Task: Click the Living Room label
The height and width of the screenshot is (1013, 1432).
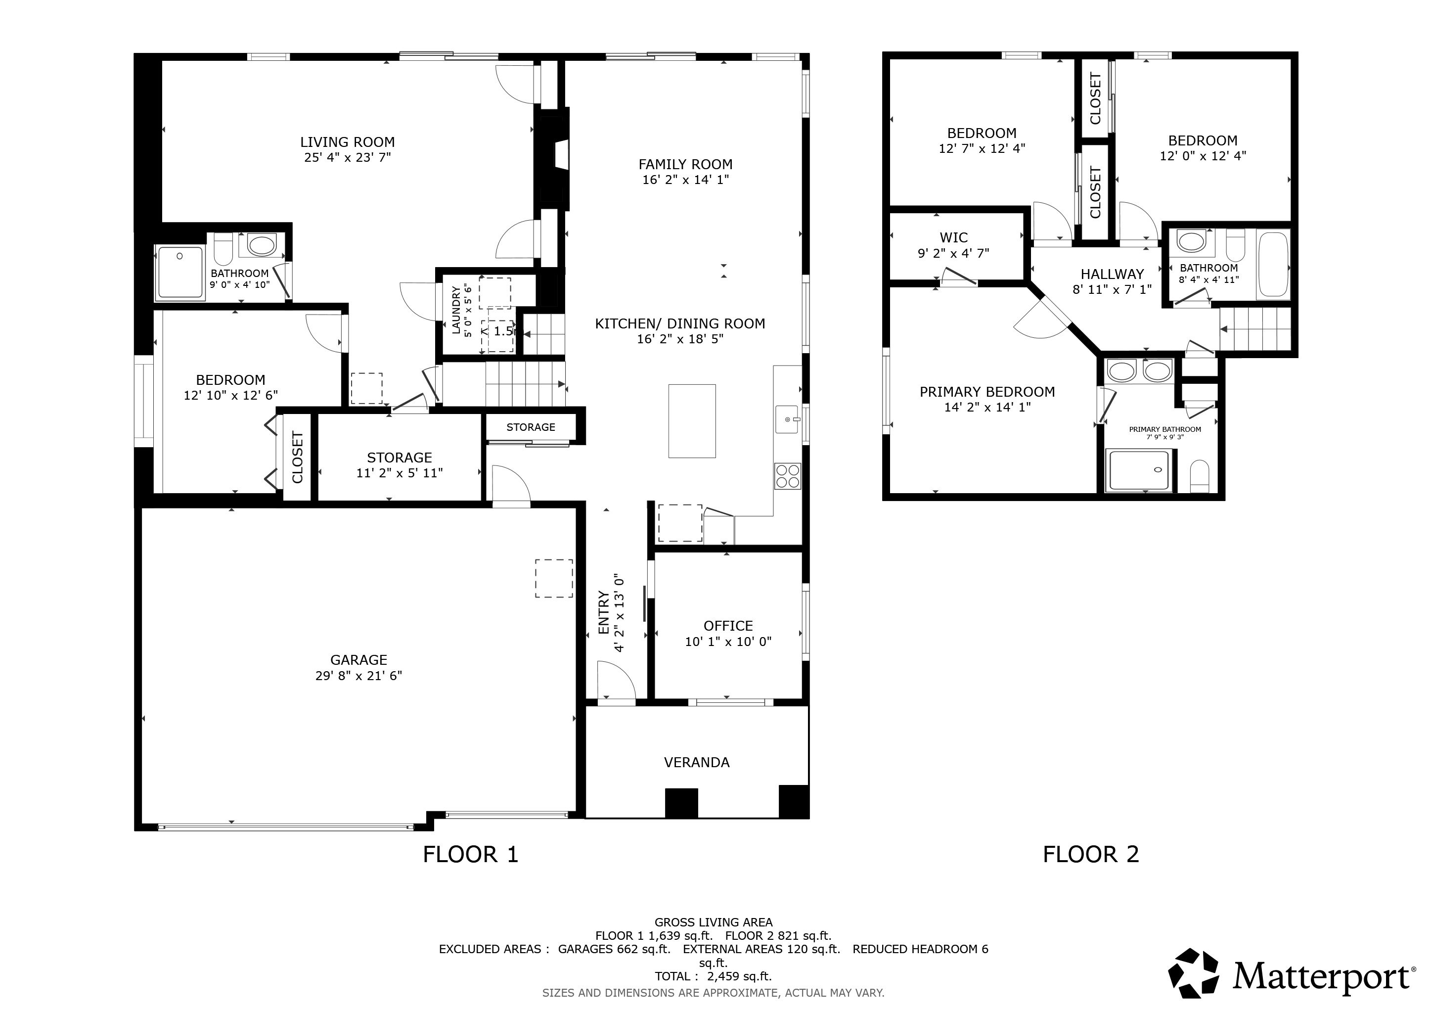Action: [x=348, y=142]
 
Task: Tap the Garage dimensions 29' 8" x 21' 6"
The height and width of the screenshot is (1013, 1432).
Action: [x=358, y=676]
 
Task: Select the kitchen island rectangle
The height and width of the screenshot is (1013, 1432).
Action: [x=692, y=421]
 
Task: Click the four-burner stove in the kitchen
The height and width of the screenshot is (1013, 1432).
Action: [x=788, y=476]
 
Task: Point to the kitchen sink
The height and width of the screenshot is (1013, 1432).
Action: [x=787, y=419]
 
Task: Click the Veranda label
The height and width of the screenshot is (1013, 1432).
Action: [x=697, y=762]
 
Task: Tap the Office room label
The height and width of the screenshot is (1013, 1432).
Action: [x=728, y=626]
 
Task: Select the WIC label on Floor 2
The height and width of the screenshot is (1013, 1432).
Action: [x=954, y=237]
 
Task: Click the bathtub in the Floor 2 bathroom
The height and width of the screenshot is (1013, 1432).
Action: [x=1273, y=265]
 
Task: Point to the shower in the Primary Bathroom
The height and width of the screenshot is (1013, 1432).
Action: [x=1139, y=470]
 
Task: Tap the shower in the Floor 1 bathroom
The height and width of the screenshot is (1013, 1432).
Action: [x=180, y=272]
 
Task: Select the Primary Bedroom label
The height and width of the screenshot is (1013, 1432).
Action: [x=987, y=392]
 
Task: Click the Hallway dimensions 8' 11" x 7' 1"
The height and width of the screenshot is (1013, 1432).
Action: [x=1112, y=289]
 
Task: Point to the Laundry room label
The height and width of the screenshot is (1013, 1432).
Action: [x=456, y=310]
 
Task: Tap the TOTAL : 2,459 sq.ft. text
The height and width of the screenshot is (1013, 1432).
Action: [x=714, y=976]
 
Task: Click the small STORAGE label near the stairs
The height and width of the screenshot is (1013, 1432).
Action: [x=531, y=427]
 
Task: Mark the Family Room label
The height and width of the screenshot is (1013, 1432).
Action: [x=685, y=164]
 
